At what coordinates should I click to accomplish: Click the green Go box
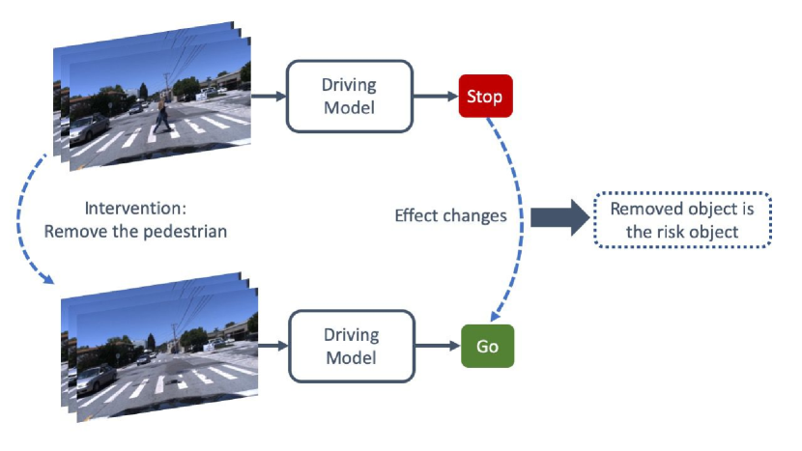(487, 346)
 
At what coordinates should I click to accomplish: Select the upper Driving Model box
(350, 96)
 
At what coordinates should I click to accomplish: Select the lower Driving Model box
(350, 346)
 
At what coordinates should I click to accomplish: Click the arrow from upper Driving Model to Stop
(436, 96)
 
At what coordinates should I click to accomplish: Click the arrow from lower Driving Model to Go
(436, 346)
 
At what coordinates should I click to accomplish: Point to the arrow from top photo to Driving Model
(272, 96)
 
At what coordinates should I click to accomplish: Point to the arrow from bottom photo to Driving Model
(273, 346)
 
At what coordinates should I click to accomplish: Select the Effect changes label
(450, 215)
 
